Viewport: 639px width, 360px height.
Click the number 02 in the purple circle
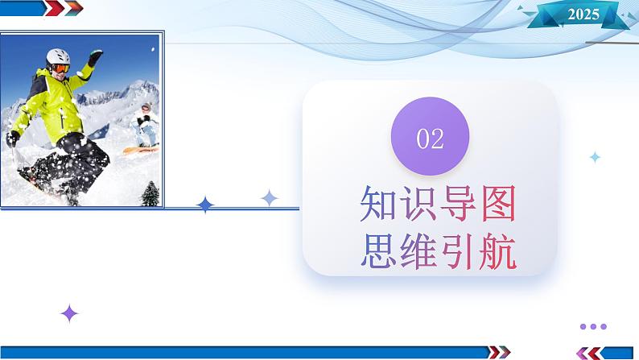pyautogui.click(x=430, y=139)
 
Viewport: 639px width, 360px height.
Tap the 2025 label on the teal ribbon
pyautogui.click(x=583, y=14)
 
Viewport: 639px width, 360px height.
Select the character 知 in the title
pyautogui.click(x=378, y=205)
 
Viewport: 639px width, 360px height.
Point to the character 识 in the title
pyautogui.click(x=418, y=205)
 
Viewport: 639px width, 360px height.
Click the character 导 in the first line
pyautogui.click(x=456, y=205)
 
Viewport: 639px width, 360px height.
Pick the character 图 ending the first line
pyautogui.click(x=496, y=205)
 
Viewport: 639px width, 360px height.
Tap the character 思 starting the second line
pyautogui.click(x=378, y=251)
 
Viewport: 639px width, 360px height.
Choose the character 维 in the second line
pyautogui.click(x=418, y=251)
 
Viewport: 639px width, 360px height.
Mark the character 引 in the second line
pyautogui.click(x=456, y=251)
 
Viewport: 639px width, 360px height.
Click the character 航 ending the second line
pyautogui.click(x=496, y=251)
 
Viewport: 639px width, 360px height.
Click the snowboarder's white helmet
pyautogui.click(x=57, y=57)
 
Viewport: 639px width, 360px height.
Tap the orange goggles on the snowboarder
pyautogui.click(x=60, y=69)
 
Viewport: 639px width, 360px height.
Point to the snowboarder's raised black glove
pyautogui.click(x=95, y=58)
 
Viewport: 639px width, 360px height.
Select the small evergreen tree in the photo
pyautogui.click(x=150, y=193)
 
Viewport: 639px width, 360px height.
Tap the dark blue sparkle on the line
pyautogui.click(x=206, y=205)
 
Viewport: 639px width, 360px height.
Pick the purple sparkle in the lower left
pyautogui.click(x=70, y=313)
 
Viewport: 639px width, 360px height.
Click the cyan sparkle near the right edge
pyautogui.click(x=595, y=157)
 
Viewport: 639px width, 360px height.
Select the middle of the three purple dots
pyautogui.click(x=593, y=326)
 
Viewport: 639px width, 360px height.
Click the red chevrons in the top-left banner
pyautogui.click(x=68, y=8)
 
